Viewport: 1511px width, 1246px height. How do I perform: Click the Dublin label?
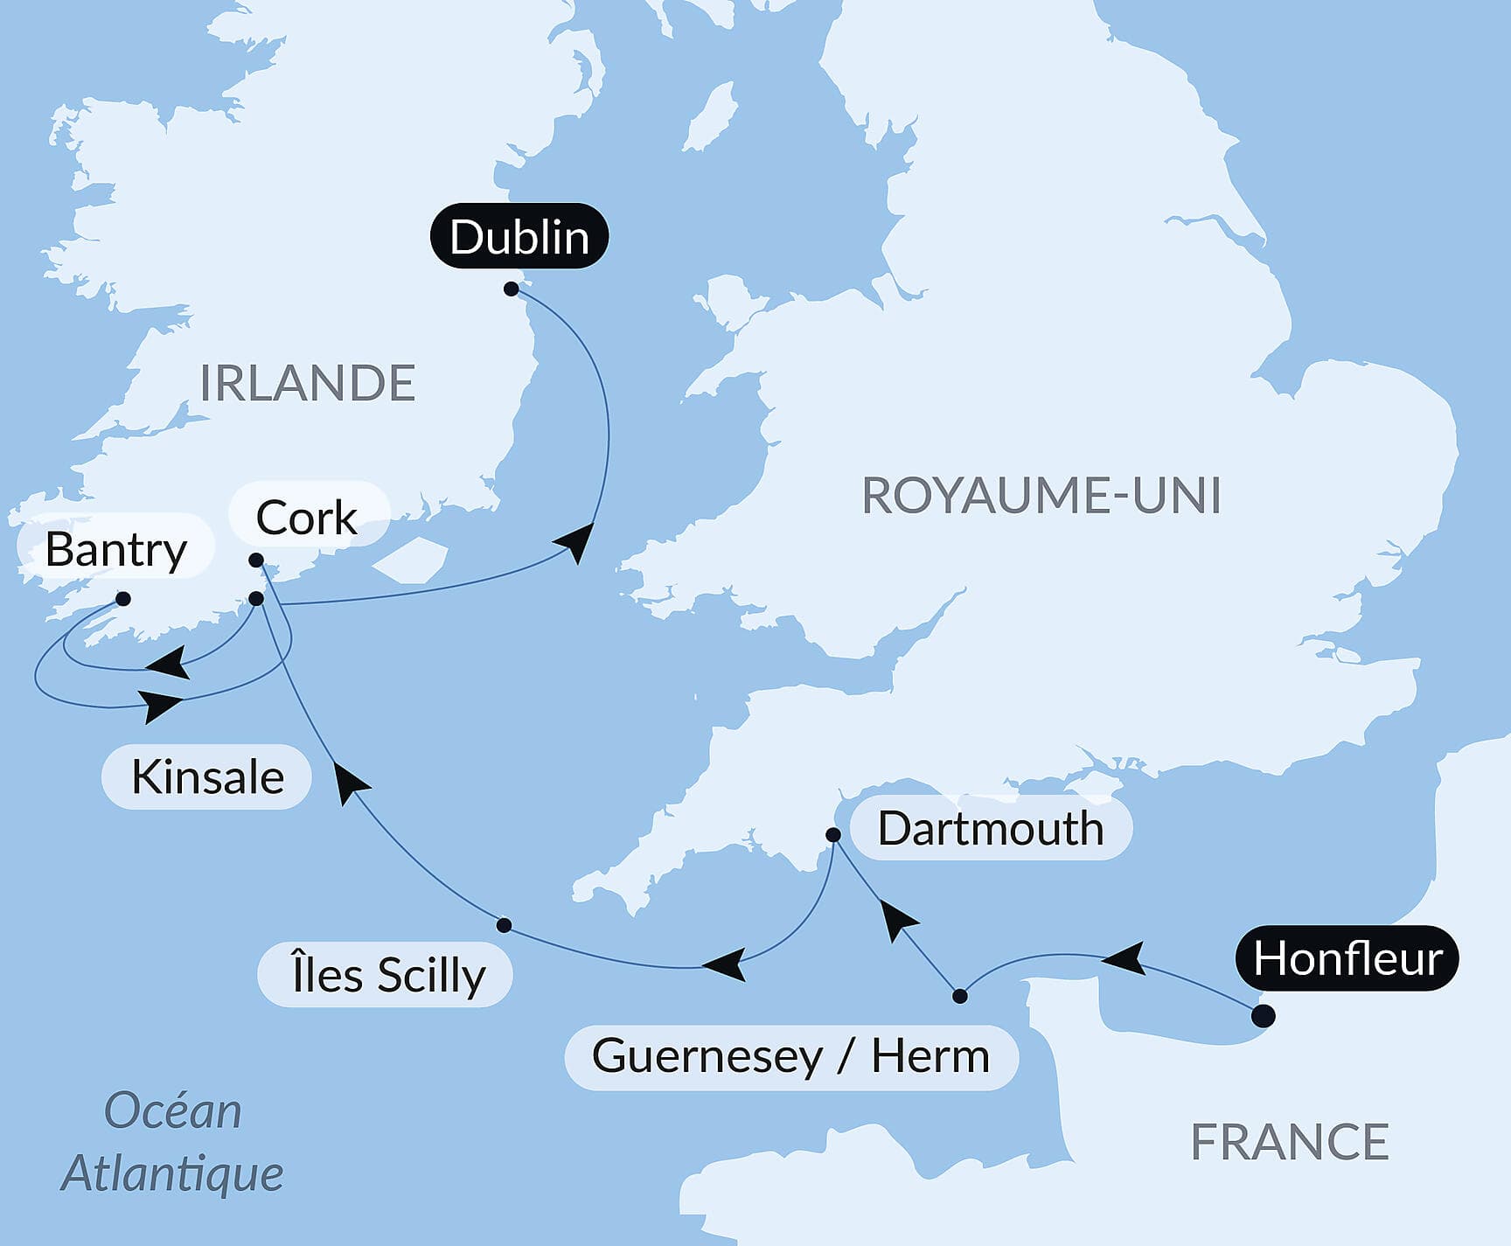[519, 237]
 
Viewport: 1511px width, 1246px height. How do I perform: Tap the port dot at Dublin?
[512, 289]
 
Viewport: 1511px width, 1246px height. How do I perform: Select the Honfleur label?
[1347, 958]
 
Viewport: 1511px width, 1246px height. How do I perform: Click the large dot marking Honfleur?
[1263, 1016]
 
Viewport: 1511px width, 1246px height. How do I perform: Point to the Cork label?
[307, 518]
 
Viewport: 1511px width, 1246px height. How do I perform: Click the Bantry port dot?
[123, 599]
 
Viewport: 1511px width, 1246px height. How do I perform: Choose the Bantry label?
[115, 549]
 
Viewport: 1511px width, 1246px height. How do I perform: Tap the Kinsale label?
[207, 776]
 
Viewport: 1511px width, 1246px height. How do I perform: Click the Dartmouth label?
[990, 828]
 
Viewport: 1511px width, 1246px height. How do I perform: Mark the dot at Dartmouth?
[833, 835]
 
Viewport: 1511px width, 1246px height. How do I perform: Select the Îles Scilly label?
[387, 975]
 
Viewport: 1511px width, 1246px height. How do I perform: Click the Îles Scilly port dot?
[504, 925]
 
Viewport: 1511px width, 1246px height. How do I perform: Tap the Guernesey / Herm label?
[790, 1056]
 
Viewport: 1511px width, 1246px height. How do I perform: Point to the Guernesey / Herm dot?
[960, 996]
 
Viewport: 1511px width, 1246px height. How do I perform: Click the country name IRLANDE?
[307, 383]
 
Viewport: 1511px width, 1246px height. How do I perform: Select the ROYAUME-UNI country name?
[1041, 496]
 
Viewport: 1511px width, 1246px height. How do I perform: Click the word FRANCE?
[1290, 1141]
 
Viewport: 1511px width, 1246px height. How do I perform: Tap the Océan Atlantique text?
[172, 1142]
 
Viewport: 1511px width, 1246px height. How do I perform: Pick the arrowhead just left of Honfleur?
[1125, 958]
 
